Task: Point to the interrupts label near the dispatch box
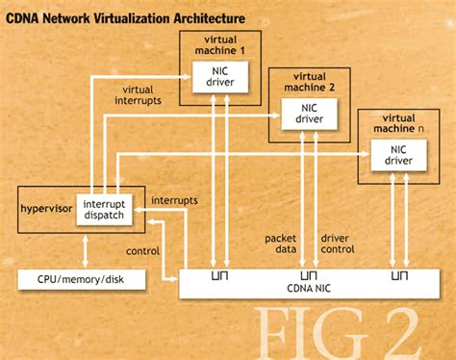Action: pos(175,200)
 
